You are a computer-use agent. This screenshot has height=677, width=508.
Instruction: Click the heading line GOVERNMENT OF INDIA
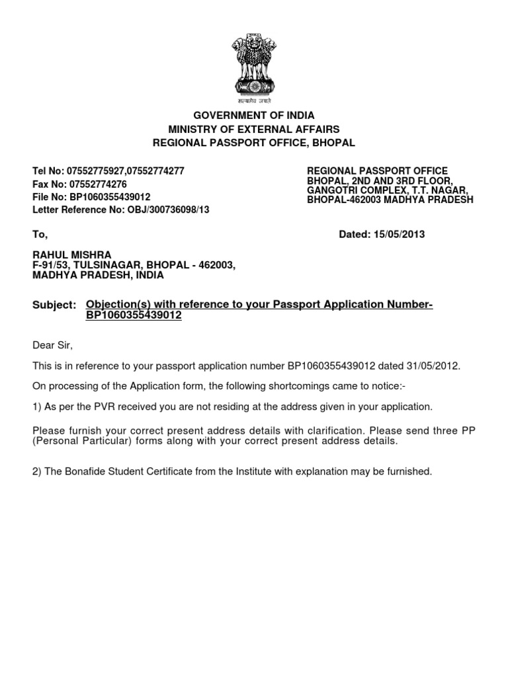pos(254,116)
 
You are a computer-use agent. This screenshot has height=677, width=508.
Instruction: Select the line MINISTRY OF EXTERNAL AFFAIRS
pos(254,129)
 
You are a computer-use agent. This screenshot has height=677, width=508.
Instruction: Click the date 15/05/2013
pos(400,234)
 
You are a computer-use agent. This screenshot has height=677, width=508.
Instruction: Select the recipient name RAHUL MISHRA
pos(72,255)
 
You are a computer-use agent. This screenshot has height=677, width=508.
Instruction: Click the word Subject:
pos(54,305)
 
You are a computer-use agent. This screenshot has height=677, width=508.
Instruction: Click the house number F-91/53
pos(52,265)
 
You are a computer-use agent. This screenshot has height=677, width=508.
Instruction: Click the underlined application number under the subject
pos(134,315)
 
